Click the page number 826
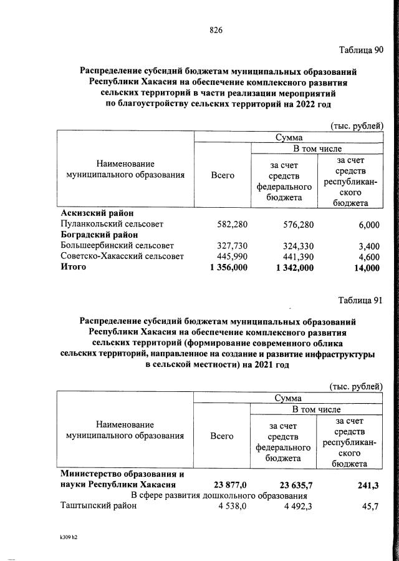216,30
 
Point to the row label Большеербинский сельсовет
117,245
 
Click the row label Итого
73,267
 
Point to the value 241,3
368,484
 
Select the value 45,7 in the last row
370,506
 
